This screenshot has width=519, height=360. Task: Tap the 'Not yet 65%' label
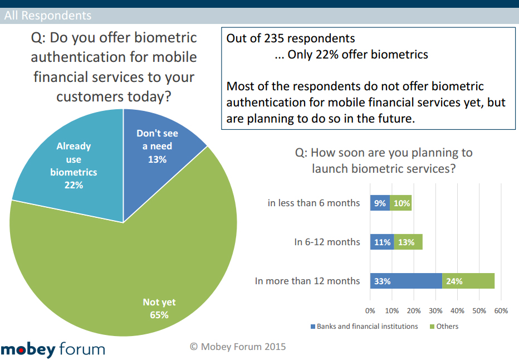(x=159, y=308)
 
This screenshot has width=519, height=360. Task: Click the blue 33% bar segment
(x=406, y=281)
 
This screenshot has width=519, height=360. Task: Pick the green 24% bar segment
(x=468, y=281)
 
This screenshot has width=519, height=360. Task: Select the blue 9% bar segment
(x=380, y=203)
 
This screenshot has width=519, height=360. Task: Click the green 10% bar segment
(x=400, y=203)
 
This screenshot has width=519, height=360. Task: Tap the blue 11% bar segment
(x=382, y=242)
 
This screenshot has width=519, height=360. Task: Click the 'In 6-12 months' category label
(x=327, y=242)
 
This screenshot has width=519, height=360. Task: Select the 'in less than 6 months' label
(x=314, y=203)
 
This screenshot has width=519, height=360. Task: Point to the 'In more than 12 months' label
(x=307, y=281)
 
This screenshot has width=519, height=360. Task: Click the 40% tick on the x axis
(x=457, y=310)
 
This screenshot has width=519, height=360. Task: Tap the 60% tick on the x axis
(x=501, y=310)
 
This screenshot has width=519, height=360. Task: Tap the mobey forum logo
(x=53, y=349)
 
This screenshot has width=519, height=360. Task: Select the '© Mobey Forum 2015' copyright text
(x=238, y=347)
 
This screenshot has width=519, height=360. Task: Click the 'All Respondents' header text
(x=47, y=16)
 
